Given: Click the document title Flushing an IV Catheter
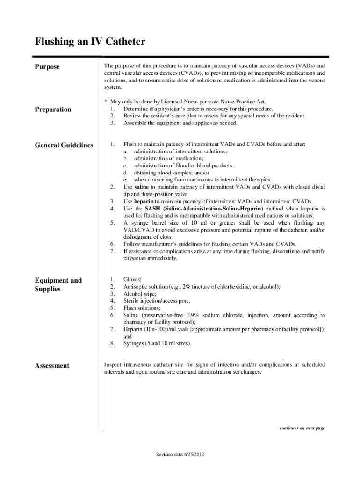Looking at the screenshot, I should pyautogui.click(x=90, y=43).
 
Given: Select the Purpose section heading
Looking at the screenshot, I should pyautogui.click(x=47, y=67).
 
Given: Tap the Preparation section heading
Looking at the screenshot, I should pyautogui.click(x=53, y=109).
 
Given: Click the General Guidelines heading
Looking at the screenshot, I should pyautogui.click(x=64, y=145).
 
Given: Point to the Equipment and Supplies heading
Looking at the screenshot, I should pyautogui.click(x=58, y=284).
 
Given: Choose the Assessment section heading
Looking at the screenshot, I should pyautogui.click(x=52, y=366).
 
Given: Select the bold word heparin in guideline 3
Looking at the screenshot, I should pyautogui.click(x=144, y=201).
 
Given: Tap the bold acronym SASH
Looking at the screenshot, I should pyautogui.click(x=153, y=208).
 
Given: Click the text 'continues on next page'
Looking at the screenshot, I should pyautogui.click(x=302, y=428).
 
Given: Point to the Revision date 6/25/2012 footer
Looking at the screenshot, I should pyautogui.click(x=180, y=454).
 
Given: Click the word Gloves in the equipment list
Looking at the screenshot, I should pyautogui.click(x=132, y=279).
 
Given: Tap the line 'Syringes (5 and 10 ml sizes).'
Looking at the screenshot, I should pyautogui.click(x=157, y=343).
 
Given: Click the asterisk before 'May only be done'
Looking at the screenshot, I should pyautogui.click(x=106, y=102).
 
